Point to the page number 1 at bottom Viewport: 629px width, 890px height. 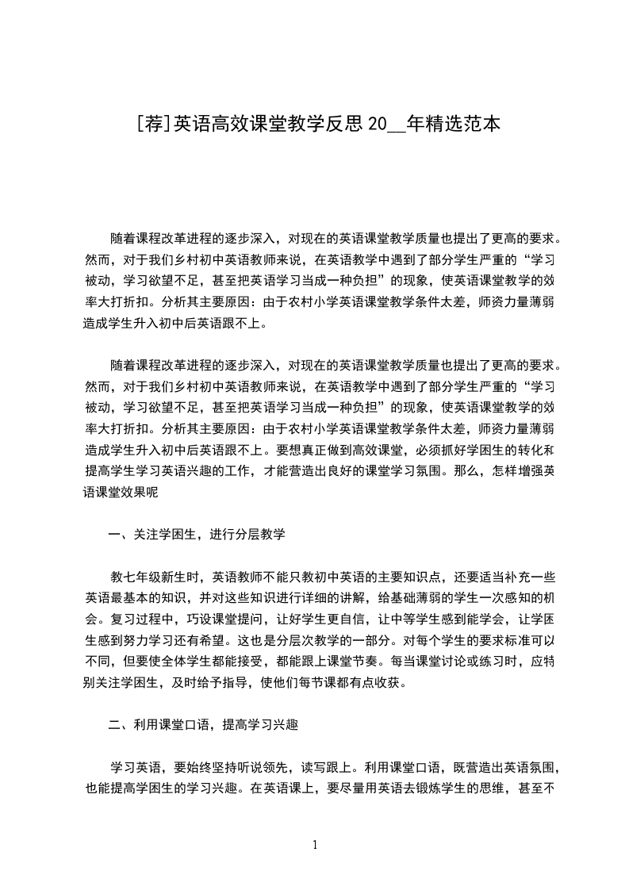click(x=315, y=845)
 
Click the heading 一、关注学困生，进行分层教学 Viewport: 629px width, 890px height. click(x=196, y=535)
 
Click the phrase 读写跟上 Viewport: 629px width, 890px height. click(x=329, y=767)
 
